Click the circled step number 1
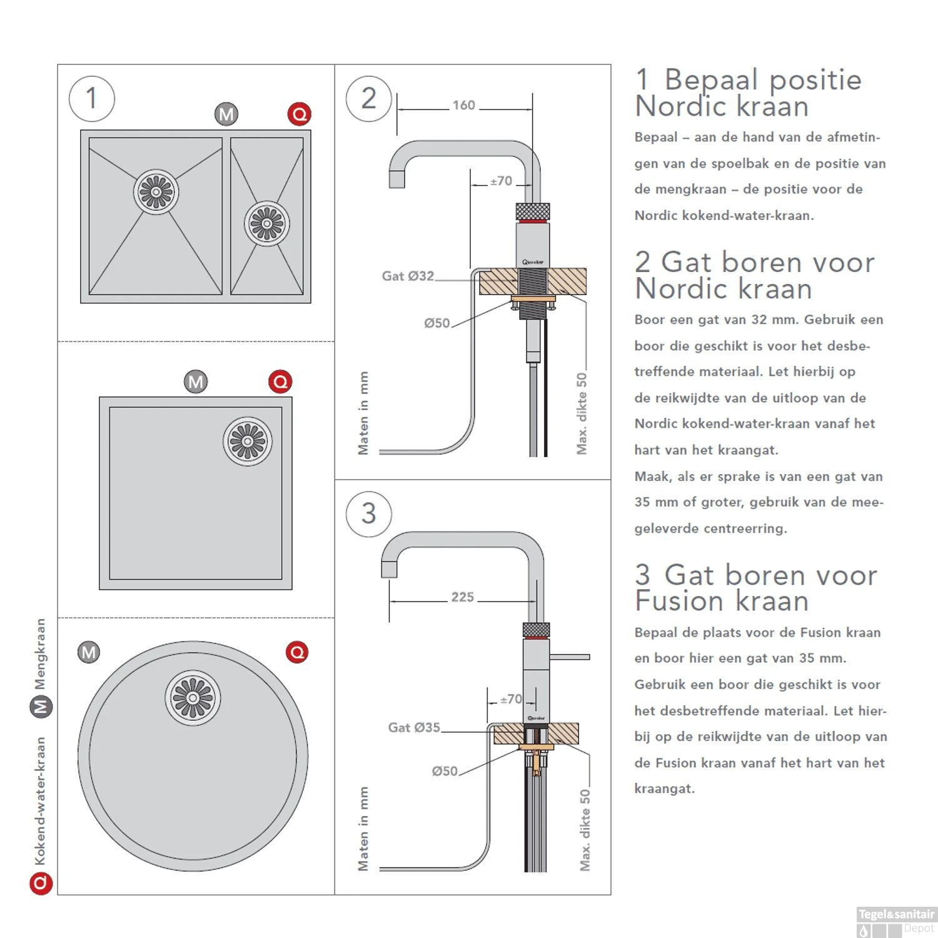92,99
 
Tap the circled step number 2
368,99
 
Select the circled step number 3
368,513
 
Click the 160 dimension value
464,106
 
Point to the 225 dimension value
463,597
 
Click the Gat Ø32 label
408,276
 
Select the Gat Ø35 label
414,727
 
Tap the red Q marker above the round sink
297,652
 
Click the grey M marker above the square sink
196,381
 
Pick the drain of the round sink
193,698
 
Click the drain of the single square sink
248,441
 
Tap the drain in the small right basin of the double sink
267,223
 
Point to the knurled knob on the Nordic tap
532,211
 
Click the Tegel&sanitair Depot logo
896,921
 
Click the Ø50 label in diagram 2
436,323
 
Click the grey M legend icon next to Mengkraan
41,707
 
